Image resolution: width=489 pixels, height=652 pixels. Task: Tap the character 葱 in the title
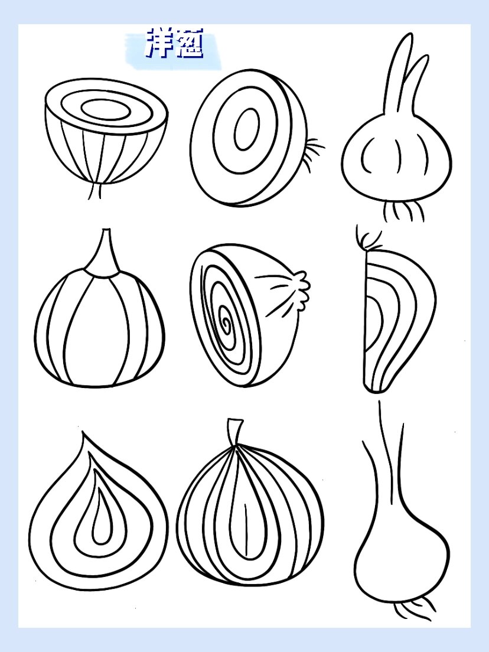(x=190, y=43)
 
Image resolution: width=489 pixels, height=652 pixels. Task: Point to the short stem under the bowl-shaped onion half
(x=95, y=190)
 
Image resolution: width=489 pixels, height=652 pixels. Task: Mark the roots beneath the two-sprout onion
(x=403, y=211)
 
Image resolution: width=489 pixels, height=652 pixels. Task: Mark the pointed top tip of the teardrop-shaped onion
(x=83, y=432)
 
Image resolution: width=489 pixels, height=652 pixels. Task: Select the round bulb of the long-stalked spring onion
(x=402, y=553)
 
